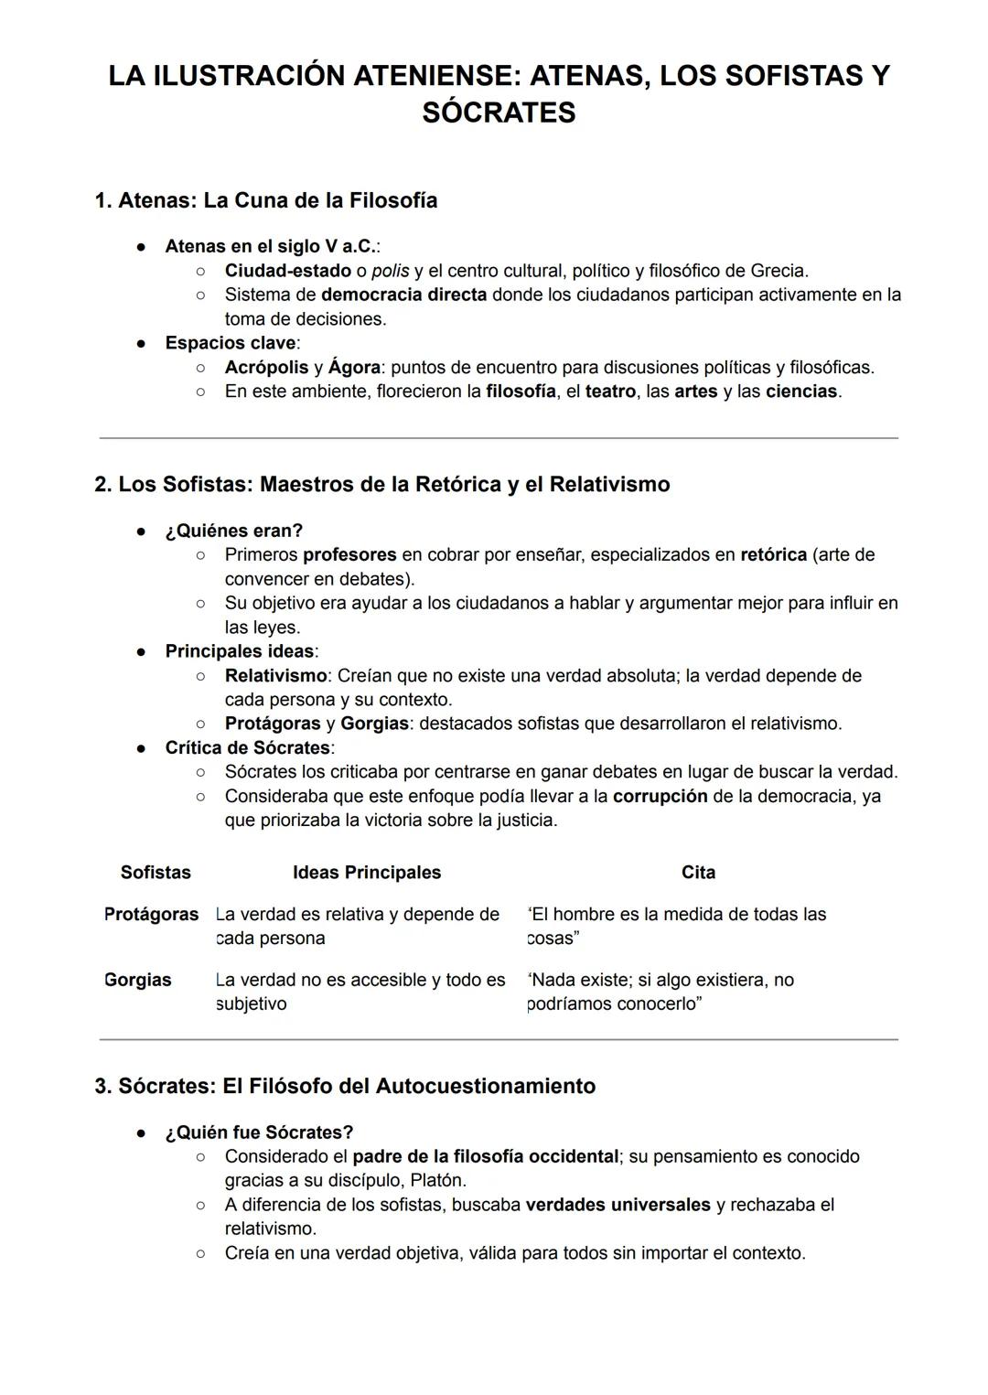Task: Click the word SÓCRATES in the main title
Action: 499,113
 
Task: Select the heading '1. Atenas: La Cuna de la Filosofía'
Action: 266,200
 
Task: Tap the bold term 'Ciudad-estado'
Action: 288,271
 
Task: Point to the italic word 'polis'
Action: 391,271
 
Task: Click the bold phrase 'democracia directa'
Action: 403,295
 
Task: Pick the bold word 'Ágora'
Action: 354,367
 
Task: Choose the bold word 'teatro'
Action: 610,391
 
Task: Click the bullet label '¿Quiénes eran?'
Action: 233,531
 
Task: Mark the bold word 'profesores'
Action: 349,554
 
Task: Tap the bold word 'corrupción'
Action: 660,796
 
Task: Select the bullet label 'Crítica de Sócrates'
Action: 247,747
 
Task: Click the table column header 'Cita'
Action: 698,872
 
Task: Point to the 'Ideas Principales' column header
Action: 367,872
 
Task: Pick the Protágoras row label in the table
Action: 151,914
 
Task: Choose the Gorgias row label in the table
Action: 138,980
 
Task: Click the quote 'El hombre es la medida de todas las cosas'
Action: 677,926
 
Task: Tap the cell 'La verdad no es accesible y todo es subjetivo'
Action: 360,992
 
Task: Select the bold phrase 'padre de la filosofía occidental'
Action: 486,1156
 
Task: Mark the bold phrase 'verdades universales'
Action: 617,1205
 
